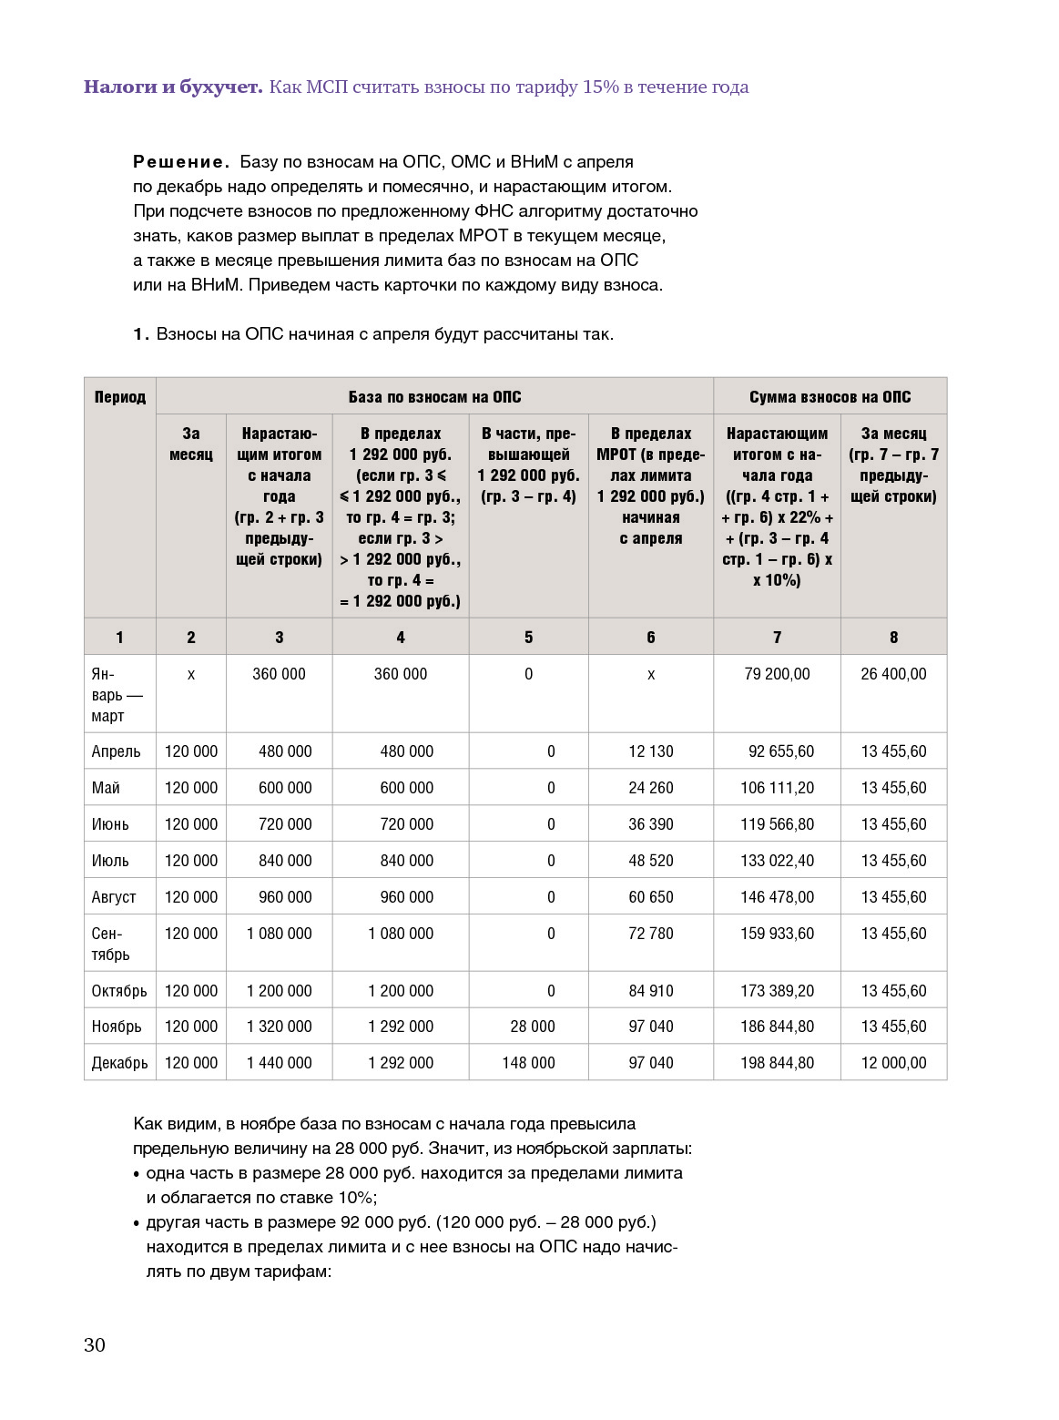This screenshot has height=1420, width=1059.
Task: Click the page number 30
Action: (95, 1345)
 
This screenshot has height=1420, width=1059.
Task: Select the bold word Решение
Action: (180, 162)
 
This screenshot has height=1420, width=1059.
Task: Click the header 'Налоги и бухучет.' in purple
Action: (173, 87)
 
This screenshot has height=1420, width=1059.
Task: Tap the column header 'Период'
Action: (119, 397)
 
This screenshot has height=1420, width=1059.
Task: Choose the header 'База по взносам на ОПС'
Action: (434, 397)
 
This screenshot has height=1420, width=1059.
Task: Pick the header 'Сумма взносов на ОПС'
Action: (830, 397)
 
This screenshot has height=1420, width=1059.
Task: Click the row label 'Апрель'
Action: (116, 751)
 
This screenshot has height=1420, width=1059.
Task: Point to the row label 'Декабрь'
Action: (119, 1063)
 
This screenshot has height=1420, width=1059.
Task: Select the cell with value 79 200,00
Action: (777, 674)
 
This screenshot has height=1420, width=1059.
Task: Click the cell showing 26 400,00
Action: (893, 674)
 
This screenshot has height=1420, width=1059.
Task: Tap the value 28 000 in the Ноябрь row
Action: (533, 1027)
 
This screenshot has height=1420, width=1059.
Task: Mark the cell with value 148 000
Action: (528, 1063)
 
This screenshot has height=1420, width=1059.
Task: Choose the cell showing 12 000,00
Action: (893, 1063)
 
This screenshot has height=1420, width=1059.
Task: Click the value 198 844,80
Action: (777, 1063)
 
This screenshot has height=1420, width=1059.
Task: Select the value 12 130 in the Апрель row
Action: (650, 751)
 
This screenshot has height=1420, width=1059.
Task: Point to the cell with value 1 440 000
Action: (279, 1063)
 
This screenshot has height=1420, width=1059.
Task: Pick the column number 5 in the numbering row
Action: (528, 638)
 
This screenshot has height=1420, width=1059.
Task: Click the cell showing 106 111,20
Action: (777, 788)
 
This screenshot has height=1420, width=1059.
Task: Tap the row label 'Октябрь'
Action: (119, 991)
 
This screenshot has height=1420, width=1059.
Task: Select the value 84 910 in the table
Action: (650, 991)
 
